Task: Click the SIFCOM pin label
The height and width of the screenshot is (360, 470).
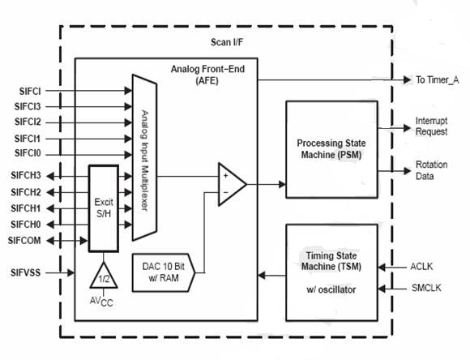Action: point(24,241)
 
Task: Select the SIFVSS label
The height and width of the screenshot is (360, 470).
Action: point(25,272)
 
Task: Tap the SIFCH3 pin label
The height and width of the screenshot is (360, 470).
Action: point(26,175)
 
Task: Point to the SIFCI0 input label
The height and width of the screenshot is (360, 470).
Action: point(28,153)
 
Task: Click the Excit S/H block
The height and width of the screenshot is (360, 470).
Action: point(104,208)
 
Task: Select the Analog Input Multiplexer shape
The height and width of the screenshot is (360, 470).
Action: point(144,157)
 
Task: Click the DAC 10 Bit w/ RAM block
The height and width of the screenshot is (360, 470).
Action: point(164,272)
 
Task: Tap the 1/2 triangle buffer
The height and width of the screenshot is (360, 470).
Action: point(104,276)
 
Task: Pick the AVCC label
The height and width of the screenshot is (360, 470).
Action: point(101,302)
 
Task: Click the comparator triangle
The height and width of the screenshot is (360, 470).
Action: point(232,185)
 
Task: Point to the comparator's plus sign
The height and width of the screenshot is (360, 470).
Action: point(226,175)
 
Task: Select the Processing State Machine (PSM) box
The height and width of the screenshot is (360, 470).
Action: point(331,149)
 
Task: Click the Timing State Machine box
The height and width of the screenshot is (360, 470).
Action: point(331,272)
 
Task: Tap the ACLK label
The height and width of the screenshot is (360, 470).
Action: point(421,267)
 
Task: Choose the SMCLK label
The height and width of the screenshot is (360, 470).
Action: point(426,288)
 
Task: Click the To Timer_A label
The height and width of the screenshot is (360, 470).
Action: point(437,79)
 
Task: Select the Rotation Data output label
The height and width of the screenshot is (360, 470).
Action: point(431,170)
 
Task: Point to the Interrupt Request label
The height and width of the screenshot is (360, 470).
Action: point(431,126)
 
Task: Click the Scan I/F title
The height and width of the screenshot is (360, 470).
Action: point(227,42)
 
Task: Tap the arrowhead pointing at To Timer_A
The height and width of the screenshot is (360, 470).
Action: point(408,79)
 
